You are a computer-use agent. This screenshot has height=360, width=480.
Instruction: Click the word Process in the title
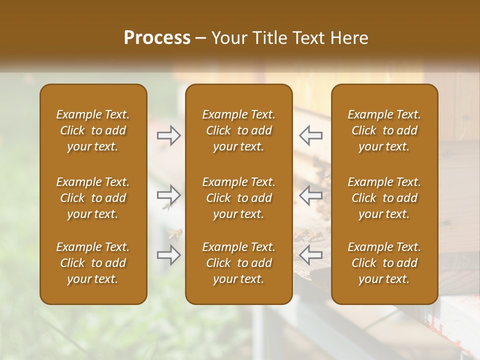(x=157, y=37)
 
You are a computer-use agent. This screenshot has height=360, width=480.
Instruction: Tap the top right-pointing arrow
(x=168, y=135)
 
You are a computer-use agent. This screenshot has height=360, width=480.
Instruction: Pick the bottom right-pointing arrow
(x=168, y=254)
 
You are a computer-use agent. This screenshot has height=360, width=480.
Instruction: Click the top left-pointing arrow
(x=310, y=135)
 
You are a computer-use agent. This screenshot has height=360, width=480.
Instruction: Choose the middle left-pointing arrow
(x=310, y=194)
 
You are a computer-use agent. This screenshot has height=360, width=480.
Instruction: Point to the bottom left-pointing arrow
(x=310, y=254)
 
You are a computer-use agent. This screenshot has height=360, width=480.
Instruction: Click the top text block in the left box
(x=93, y=130)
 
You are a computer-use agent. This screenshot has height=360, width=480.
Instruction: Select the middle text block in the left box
(x=93, y=198)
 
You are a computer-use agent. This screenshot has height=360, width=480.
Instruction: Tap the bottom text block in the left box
(x=93, y=263)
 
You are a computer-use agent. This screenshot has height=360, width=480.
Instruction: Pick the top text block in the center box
(x=239, y=130)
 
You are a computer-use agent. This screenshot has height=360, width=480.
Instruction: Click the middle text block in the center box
(x=239, y=198)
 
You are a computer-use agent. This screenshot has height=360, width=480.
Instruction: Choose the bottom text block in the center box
(x=239, y=263)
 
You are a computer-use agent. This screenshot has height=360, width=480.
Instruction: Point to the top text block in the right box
(x=384, y=130)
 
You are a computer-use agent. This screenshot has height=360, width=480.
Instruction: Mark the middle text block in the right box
(x=384, y=198)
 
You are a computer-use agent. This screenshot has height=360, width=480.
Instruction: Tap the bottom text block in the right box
(x=384, y=263)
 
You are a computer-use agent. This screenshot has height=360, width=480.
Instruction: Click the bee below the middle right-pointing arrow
(x=167, y=205)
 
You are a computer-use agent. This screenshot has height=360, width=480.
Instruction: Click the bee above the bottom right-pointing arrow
(x=175, y=233)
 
